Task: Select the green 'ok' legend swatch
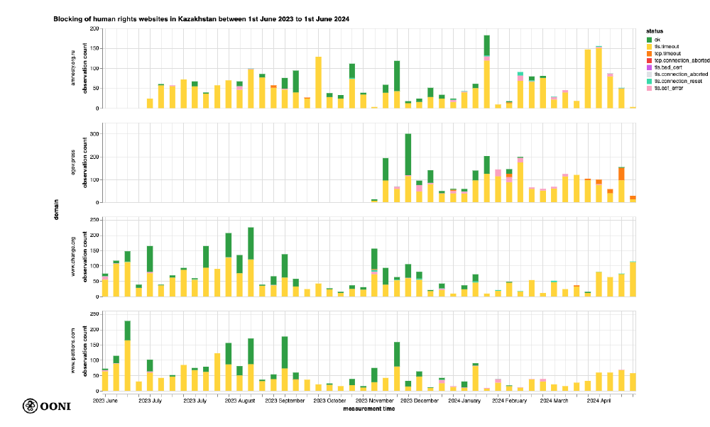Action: tap(650, 38)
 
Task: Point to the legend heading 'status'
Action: tap(655, 32)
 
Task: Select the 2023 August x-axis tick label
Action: tap(240, 401)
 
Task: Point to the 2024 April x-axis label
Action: tap(599, 401)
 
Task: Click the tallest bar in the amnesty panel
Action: tap(487, 71)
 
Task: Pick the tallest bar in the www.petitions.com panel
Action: tap(127, 355)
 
